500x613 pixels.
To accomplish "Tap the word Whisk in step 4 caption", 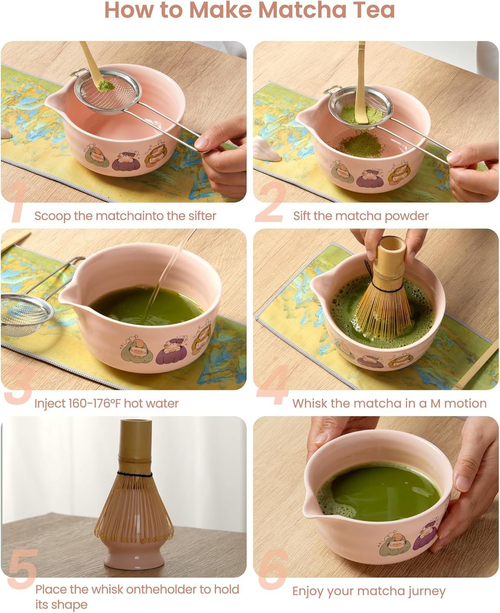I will [310, 404].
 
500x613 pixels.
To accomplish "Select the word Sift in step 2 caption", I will [302, 216].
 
